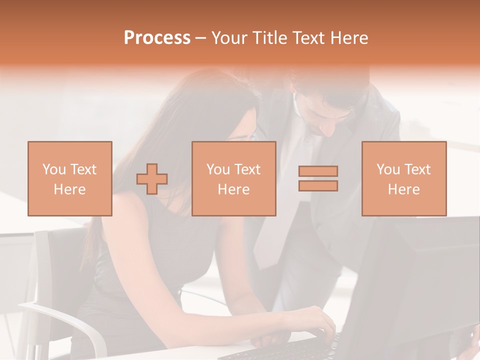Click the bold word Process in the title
(157, 38)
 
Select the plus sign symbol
(152, 178)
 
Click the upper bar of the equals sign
(318, 171)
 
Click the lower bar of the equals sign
(318, 186)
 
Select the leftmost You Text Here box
(70, 178)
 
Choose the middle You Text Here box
(234, 178)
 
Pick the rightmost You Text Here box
(404, 178)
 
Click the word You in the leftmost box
(53, 169)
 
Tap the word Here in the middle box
(234, 189)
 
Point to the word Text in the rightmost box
(417, 169)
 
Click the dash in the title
(201, 38)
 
